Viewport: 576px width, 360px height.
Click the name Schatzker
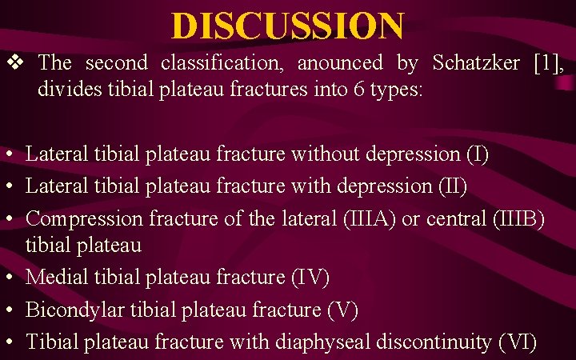(x=476, y=62)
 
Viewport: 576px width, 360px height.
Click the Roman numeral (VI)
(x=517, y=342)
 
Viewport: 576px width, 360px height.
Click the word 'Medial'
(x=55, y=278)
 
